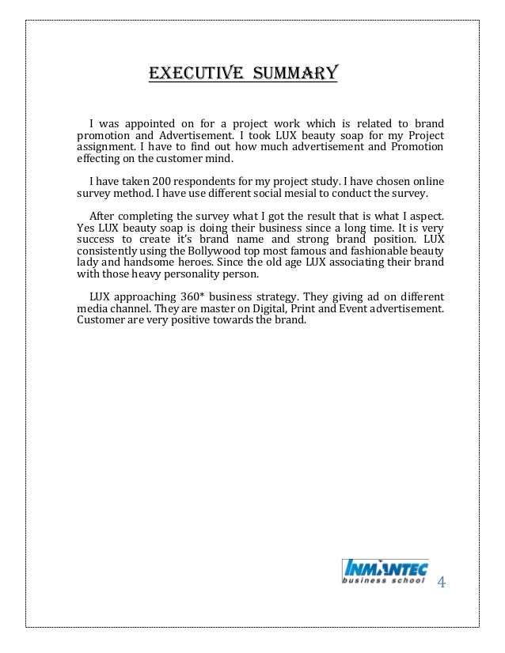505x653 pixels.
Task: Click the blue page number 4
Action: coord(442,583)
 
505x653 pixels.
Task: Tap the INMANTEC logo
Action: coord(384,571)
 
